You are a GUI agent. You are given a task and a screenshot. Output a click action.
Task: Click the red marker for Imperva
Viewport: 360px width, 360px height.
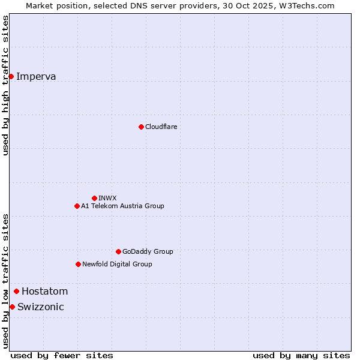11,76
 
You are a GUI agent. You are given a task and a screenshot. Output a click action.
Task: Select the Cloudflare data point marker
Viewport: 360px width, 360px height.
141,127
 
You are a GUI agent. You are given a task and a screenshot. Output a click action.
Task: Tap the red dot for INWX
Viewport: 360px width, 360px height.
94,198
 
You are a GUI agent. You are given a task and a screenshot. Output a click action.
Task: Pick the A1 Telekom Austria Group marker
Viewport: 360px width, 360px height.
77,206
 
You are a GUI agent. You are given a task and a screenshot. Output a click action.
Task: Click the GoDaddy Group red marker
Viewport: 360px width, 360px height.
118,251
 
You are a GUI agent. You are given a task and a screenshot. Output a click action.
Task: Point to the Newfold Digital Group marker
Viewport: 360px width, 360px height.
78,264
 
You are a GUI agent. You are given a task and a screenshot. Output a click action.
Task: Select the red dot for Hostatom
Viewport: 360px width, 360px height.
17,292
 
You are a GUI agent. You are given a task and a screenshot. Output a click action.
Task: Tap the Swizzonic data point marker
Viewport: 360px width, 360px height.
12,307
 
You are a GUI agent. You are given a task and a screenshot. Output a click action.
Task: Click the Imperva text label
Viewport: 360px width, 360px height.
36,76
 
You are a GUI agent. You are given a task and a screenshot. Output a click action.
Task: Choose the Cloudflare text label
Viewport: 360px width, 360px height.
161,127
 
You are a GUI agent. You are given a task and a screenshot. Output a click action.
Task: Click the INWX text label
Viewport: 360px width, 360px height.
107,198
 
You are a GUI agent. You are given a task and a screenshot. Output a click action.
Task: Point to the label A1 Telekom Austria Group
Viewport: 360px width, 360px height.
122,206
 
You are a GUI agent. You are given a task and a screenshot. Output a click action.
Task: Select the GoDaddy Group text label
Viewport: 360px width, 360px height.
148,251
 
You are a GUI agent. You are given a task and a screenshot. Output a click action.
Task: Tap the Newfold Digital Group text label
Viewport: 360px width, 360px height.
117,264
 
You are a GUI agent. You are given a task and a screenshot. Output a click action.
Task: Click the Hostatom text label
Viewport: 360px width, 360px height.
44,292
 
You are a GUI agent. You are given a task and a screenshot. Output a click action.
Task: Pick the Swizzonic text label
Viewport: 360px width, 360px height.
40,307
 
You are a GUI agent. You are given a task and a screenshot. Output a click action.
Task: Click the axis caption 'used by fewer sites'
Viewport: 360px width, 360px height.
62,355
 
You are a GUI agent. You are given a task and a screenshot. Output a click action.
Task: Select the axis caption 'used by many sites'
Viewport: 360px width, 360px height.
301,355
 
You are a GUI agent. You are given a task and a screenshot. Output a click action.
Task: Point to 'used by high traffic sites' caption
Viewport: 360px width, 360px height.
6,85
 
